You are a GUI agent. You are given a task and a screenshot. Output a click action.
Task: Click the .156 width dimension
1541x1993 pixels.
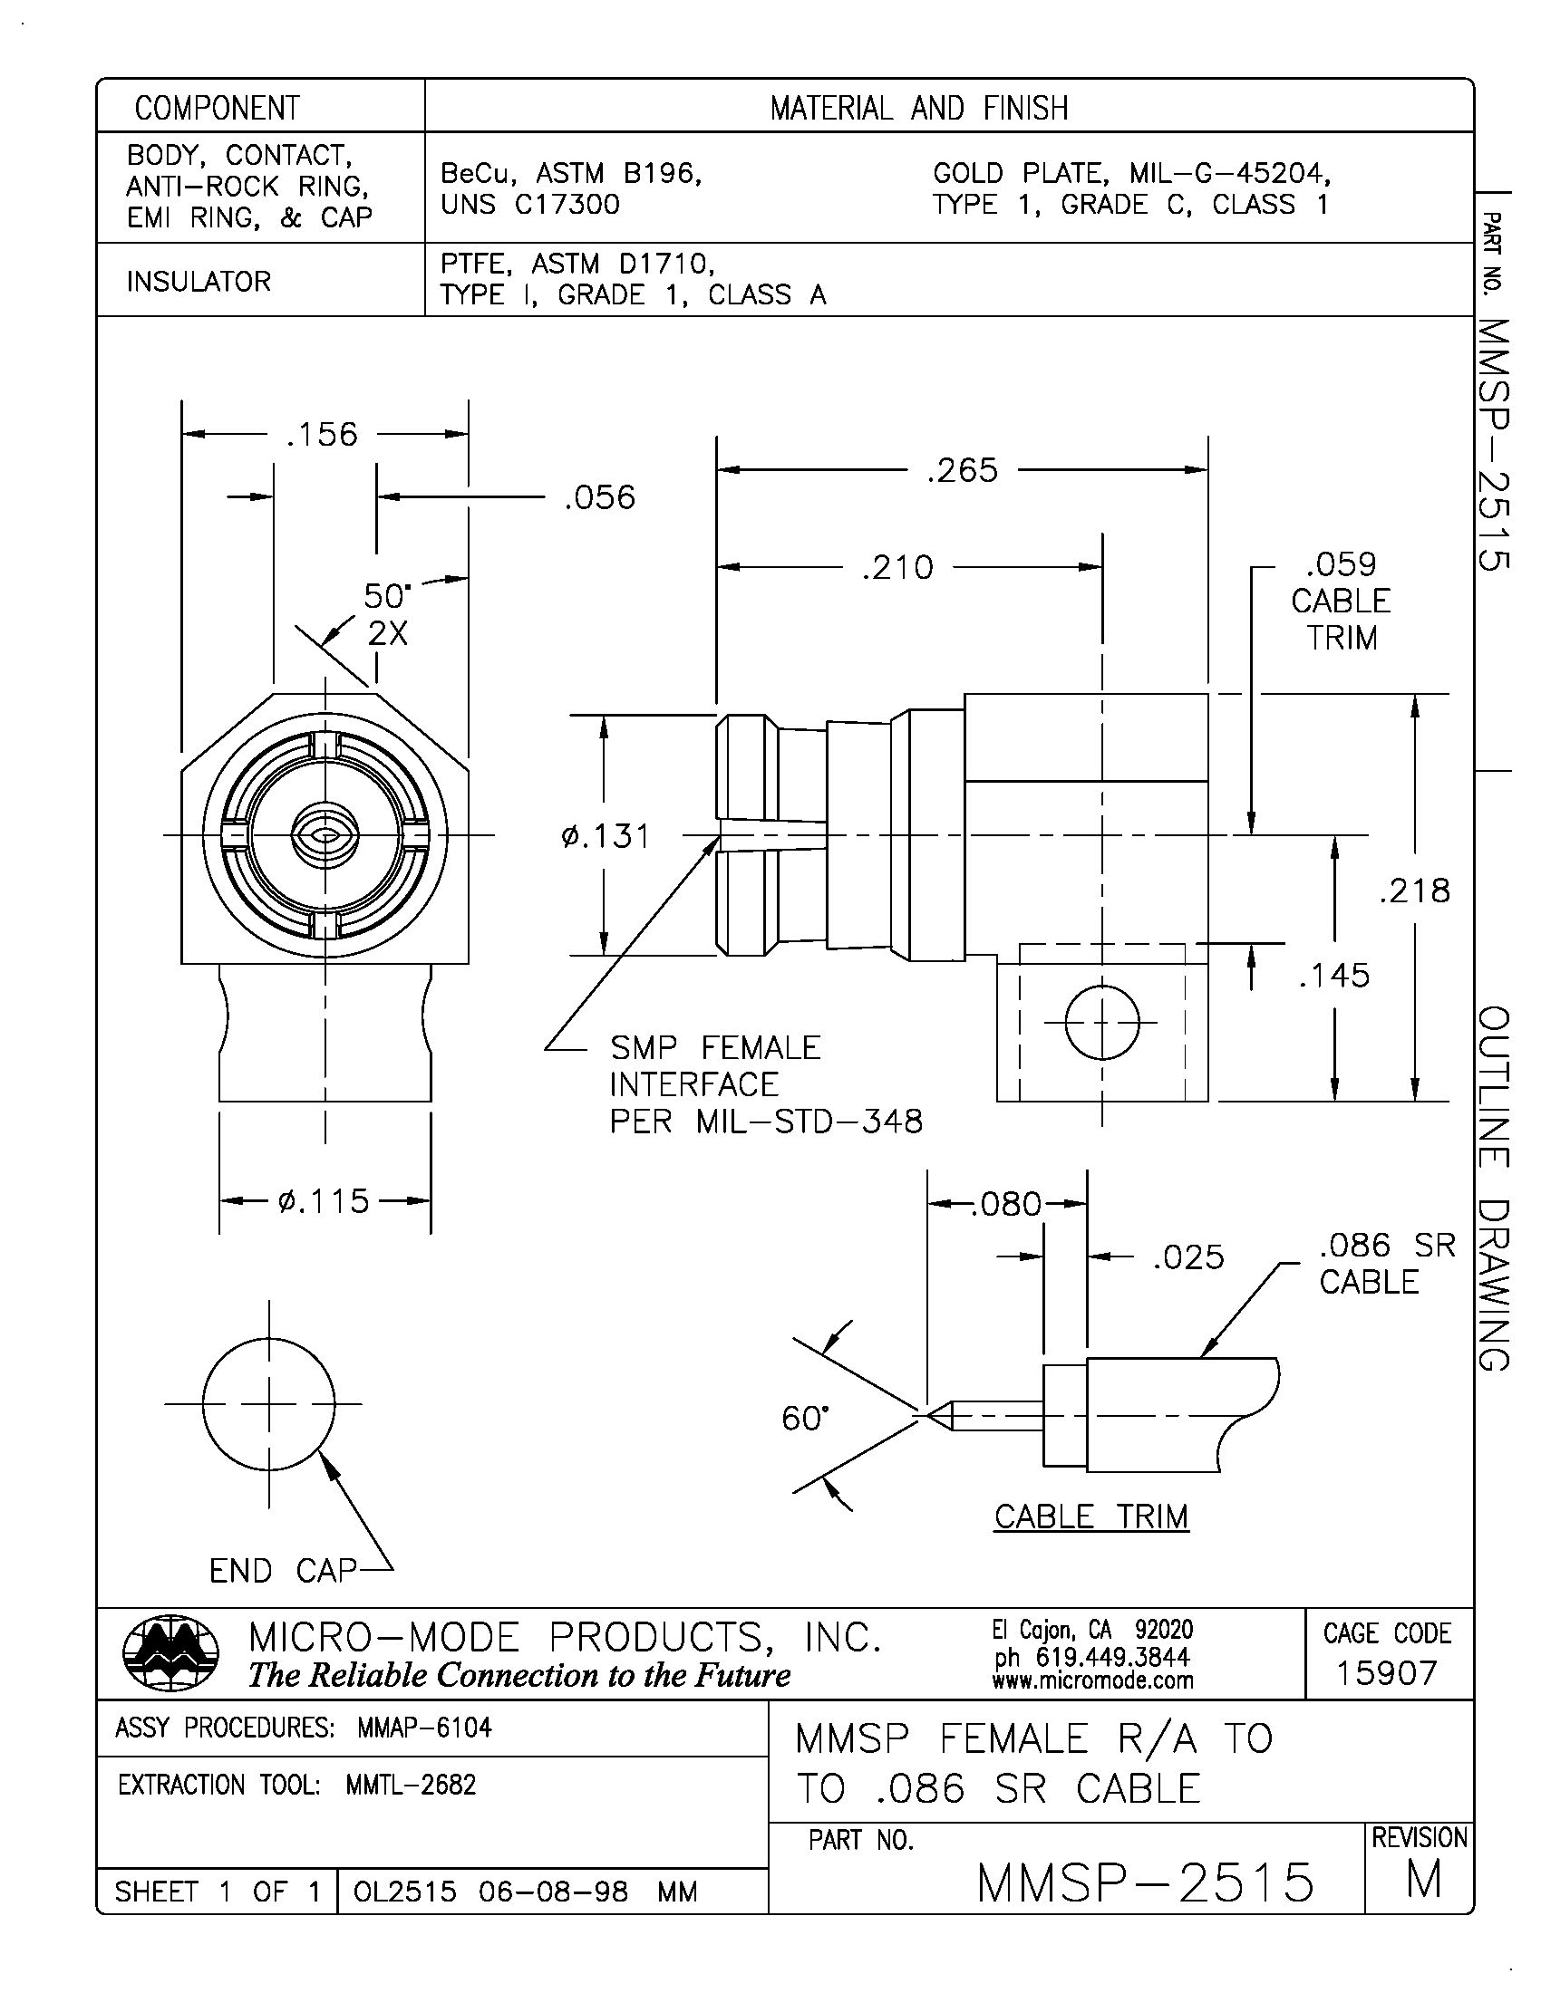[322, 434]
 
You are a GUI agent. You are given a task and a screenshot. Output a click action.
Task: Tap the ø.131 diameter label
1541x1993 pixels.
[606, 836]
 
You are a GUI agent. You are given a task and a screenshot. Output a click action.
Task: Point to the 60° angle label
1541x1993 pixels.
[805, 1418]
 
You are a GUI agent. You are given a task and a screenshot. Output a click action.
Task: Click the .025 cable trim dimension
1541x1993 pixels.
[1187, 1257]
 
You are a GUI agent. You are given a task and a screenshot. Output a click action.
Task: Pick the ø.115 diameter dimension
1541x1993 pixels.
[325, 1201]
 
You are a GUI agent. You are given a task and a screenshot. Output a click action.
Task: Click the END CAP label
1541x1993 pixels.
[281, 1571]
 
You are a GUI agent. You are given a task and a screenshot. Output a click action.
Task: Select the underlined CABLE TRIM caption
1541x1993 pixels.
[1090, 1516]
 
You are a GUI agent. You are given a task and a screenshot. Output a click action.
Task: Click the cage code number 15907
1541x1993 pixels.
[1386, 1672]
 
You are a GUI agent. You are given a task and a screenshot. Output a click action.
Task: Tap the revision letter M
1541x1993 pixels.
[1423, 1880]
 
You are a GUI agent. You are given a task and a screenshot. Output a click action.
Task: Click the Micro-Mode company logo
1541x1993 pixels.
[170, 1654]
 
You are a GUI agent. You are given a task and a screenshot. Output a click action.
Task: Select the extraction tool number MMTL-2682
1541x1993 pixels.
[411, 1785]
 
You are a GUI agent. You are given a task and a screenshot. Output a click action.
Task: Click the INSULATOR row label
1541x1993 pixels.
[199, 281]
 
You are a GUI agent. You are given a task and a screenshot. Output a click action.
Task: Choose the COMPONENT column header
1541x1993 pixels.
[218, 109]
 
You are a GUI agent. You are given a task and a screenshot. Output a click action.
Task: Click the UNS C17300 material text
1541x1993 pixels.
[530, 205]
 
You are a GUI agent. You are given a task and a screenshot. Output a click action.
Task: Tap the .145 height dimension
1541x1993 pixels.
[1333, 976]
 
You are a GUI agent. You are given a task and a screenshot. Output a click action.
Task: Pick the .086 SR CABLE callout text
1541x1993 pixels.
[1386, 1263]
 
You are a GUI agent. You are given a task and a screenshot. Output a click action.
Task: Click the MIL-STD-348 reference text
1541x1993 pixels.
[809, 1121]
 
